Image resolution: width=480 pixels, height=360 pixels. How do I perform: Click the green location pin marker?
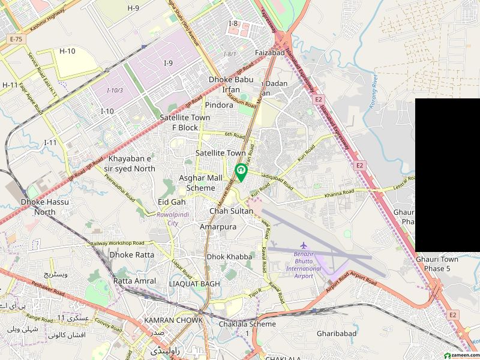point(241,172)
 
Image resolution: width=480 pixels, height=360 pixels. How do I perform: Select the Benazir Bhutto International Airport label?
point(304,265)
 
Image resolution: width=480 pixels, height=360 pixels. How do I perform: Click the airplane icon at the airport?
point(303,246)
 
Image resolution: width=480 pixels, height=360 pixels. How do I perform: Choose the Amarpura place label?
point(218,227)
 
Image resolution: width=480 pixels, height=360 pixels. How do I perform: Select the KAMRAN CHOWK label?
point(173,320)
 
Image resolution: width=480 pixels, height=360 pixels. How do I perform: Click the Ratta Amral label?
point(134,281)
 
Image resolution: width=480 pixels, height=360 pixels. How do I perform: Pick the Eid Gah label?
point(172,202)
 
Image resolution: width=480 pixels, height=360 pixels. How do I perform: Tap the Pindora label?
point(219,105)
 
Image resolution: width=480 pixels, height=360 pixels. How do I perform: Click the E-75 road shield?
point(16,40)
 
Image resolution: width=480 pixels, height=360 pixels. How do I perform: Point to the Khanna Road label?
point(340,192)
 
